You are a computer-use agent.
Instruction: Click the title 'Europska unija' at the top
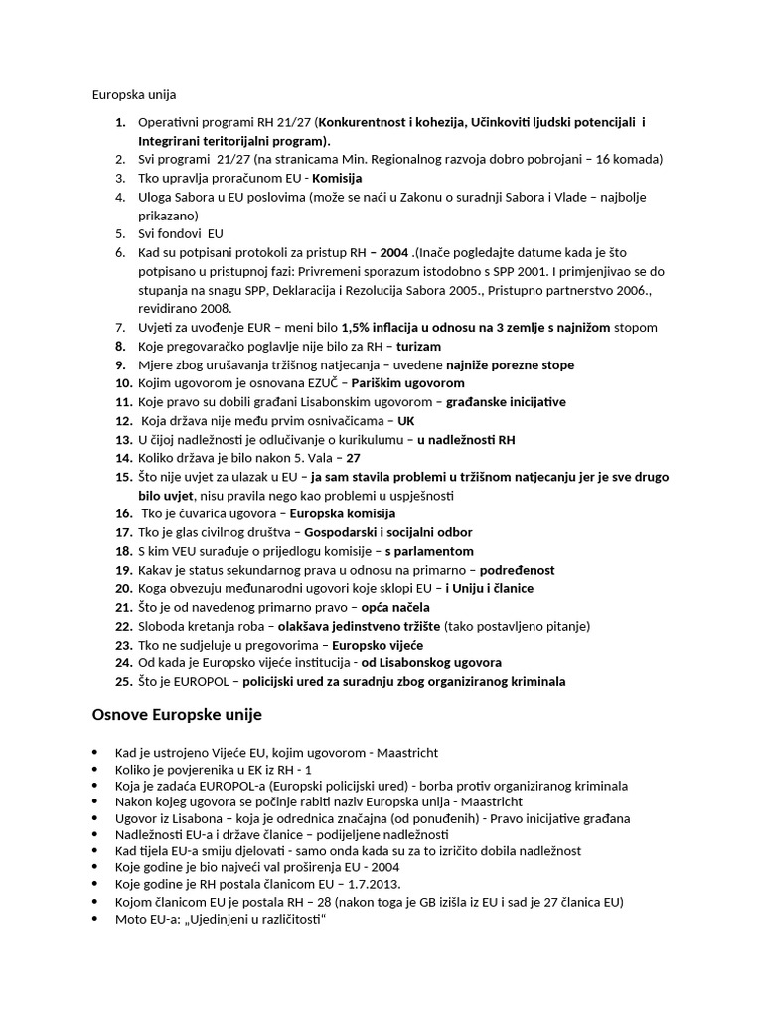click(x=134, y=95)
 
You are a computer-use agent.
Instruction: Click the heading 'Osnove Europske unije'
click(x=177, y=715)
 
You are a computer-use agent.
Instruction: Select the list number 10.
click(x=123, y=382)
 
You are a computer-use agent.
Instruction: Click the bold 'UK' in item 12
click(x=406, y=420)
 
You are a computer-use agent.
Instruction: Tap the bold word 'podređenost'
click(x=519, y=570)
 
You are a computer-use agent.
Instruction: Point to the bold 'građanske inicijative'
click(x=506, y=401)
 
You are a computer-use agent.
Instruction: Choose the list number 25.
click(x=123, y=681)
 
